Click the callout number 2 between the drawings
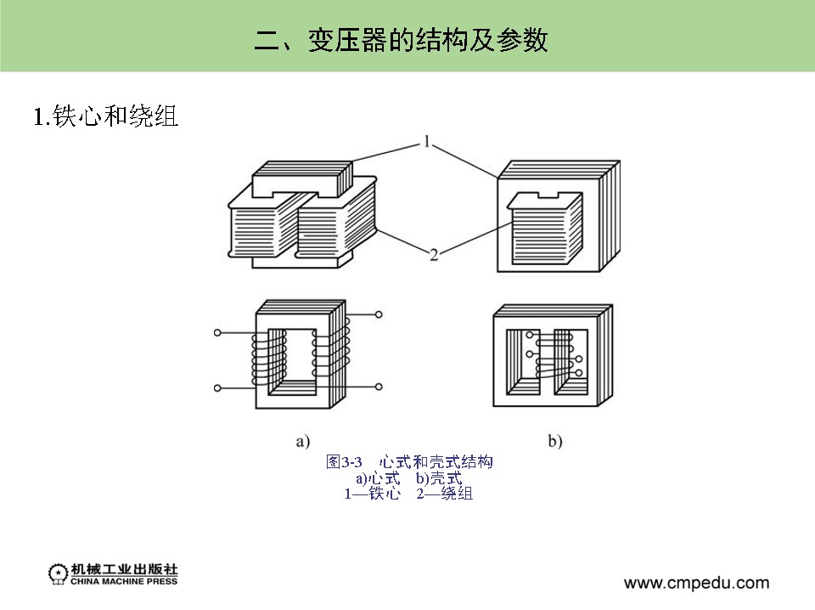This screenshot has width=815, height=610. point(434,254)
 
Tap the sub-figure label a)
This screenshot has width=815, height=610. point(302,441)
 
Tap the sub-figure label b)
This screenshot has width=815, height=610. point(555,441)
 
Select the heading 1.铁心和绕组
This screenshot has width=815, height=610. point(105,116)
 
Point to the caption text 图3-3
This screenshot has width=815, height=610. point(344,462)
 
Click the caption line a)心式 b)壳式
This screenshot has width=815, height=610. point(408,478)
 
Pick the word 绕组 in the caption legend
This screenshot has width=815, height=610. point(457,494)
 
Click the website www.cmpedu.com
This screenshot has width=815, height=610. point(696,583)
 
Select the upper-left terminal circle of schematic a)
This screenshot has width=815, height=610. point(218,332)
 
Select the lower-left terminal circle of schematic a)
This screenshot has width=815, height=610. point(218,387)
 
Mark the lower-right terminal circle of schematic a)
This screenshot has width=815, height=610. point(379,387)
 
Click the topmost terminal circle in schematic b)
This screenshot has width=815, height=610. point(530,335)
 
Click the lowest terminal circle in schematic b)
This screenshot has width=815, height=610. point(580,372)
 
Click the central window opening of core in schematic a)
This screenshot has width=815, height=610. point(299,357)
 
